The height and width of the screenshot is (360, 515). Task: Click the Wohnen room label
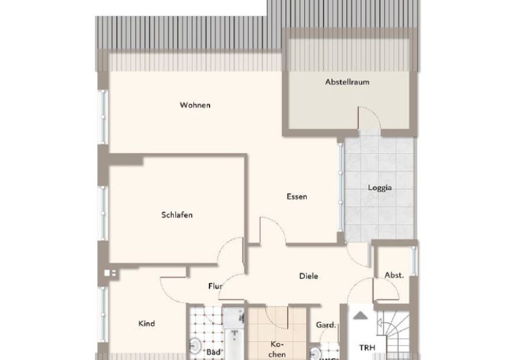[x=195, y=105]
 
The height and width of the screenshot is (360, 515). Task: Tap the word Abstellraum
[x=347, y=82]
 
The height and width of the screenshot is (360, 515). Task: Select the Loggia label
[x=379, y=189]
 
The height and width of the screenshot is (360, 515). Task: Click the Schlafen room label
[x=177, y=215]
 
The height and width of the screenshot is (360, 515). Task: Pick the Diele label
[x=308, y=276]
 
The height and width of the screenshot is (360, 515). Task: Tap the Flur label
[x=215, y=285]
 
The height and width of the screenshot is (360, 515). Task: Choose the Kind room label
[x=147, y=323]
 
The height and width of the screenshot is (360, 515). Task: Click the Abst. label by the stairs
[x=394, y=275]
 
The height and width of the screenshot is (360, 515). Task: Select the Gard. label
[x=325, y=325]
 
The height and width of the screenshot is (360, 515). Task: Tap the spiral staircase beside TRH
[x=396, y=334]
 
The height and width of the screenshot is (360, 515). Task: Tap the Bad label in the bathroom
[x=213, y=352]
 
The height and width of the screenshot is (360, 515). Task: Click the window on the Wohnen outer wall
[x=102, y=117]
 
